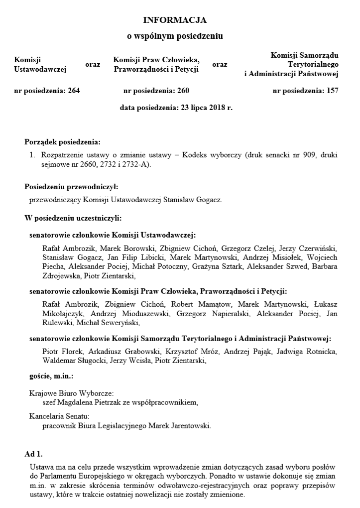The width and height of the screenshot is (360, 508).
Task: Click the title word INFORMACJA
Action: (175, 20)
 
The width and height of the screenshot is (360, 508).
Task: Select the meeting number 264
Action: (73, 91)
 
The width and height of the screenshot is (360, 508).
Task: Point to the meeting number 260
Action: (183, 91)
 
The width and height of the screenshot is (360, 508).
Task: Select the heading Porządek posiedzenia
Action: (62, 142)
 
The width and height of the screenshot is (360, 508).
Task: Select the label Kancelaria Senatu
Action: (59, 416)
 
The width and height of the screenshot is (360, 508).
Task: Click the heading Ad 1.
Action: (34, 454)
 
